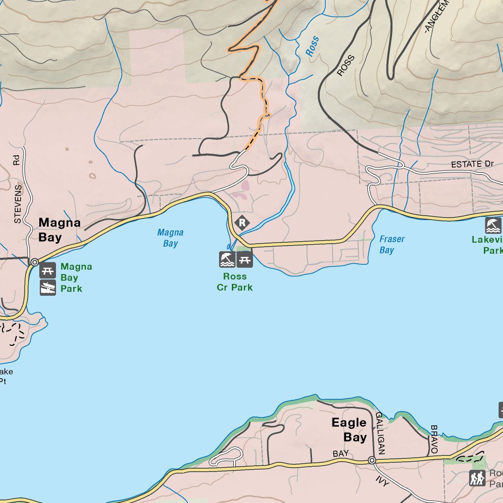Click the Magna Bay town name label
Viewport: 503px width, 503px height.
point(59,230)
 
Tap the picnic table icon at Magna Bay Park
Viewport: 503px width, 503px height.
point(48,270)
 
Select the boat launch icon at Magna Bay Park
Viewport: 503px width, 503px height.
point(48,287)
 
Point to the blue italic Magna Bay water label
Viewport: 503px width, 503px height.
point(170,238)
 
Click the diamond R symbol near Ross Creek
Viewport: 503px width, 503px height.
point(242,223)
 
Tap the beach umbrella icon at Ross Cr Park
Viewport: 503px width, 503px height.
point(227,259)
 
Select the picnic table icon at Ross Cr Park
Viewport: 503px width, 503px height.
point(245,259)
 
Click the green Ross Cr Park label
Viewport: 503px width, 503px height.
point(235,282)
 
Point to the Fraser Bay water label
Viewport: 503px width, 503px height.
point(392,244)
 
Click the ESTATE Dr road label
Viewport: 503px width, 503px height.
point(472,164)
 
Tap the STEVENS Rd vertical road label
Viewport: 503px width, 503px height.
point(18,190)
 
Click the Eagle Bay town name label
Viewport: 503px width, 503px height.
point(349,430)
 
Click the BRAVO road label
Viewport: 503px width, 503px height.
point(433,439)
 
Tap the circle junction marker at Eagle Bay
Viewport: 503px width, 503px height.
point(372,460)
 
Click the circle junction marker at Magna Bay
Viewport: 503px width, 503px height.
point(34,262)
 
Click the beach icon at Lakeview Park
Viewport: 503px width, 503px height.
point(493,226)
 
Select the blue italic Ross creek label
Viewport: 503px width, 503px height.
point(312,46)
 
